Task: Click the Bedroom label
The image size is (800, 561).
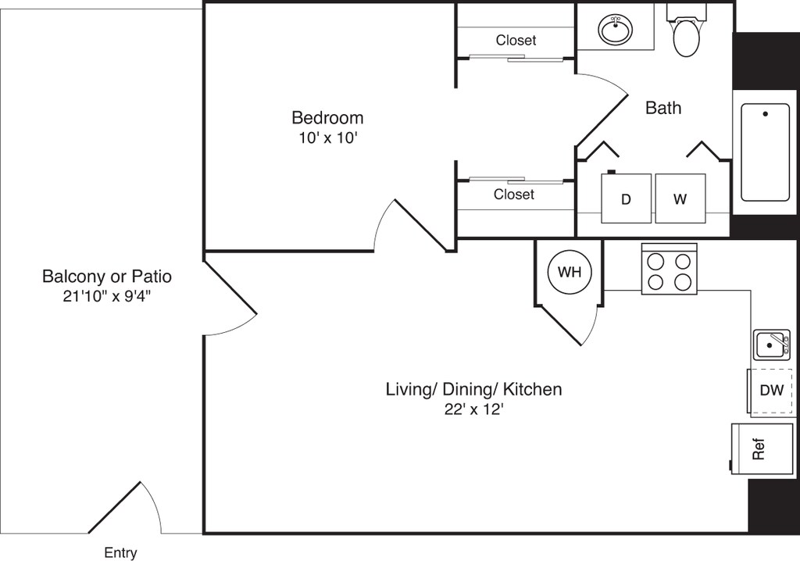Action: pos(327,118)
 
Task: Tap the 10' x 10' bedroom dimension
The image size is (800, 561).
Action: pos(327,138)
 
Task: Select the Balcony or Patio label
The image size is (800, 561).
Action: pos(106,277)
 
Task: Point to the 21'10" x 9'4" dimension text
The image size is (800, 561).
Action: pos(106,296)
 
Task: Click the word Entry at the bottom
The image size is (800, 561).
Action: pos(120,552)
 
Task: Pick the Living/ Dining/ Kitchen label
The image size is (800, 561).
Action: pos(473,389)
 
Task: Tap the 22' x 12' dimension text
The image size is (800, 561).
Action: pos(473,409)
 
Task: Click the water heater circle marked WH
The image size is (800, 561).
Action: pos(570,272)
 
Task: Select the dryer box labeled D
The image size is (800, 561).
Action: pos(626,198)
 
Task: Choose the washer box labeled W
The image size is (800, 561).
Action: pos(680,198)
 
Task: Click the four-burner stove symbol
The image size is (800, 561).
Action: pos(669,270)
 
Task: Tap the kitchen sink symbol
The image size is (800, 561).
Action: pos(771,344)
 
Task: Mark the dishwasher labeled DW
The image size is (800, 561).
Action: pos(771,390)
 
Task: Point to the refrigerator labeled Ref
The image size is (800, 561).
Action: pos(753,448)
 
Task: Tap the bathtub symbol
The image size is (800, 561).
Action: pos(765,152)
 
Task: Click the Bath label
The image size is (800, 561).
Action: pos(662,108)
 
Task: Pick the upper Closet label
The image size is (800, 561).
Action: pos(516,40)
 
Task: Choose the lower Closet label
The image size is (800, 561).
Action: pos(514,194)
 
